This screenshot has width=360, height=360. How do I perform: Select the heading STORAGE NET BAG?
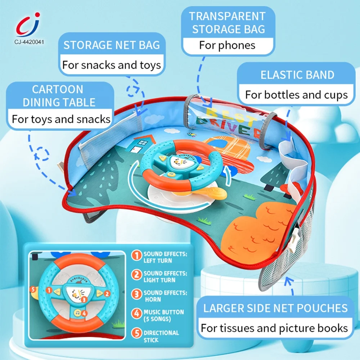(x=112, y=45)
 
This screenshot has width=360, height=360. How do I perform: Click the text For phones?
(x=227, y=45)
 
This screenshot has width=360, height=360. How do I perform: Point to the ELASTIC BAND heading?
(x=297, y=75)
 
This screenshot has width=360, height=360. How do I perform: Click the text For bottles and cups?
(x=297, y=95)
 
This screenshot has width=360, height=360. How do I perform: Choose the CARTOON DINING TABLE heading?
(x=58, y=95)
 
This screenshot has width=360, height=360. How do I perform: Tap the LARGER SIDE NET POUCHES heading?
(x=275, y=308)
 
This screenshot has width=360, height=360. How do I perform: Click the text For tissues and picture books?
(x=274, y=328)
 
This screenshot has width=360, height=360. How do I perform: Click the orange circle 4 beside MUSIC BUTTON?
(x=136, y=312)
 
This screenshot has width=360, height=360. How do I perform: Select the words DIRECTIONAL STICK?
(x=161, y=336)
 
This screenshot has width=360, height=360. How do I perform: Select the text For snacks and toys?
(x=112, y=65)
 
